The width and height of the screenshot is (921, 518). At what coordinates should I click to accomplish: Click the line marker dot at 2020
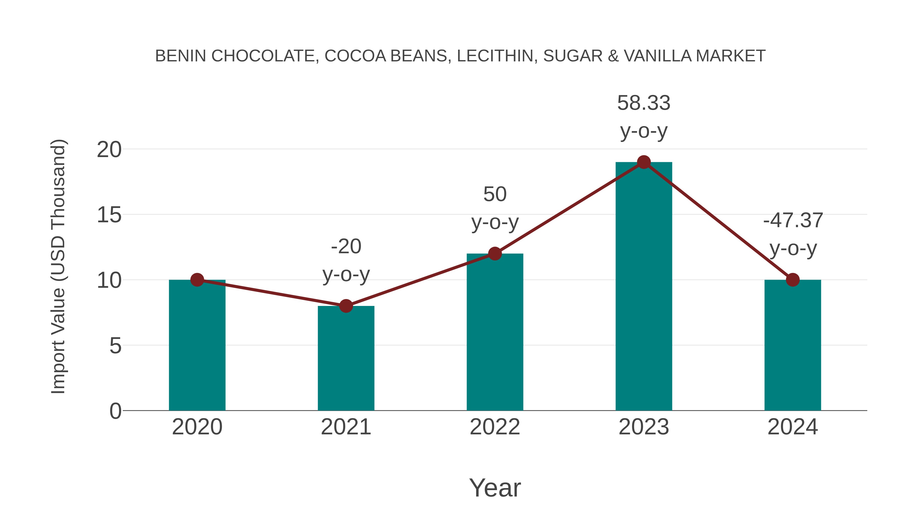[197, 280]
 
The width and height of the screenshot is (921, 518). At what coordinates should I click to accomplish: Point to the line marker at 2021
[346, 306]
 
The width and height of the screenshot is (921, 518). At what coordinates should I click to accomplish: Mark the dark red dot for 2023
[644, 162]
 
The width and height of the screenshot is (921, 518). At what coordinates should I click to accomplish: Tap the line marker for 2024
[793, 280]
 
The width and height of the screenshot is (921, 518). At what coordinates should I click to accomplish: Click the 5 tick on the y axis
[115, 346]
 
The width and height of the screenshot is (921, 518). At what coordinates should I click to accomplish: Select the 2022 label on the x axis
[495, 427]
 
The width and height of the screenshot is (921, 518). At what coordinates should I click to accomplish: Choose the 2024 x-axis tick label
[793, 427]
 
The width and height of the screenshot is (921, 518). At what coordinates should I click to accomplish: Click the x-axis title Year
[495, 488]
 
